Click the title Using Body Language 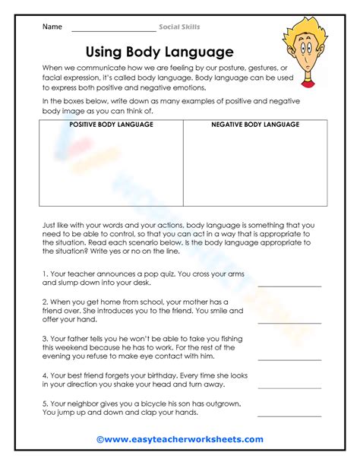point(159,52)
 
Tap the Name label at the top point(52,27)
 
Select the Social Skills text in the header point(179,27)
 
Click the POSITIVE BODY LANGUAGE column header point(111,124)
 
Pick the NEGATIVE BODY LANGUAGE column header point(255,124)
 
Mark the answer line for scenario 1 point(289,286)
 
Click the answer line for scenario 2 point(289,322)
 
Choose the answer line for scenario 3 point(289,359)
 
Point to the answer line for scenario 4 point(289,387)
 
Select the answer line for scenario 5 point(289,416)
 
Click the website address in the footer point(184,439)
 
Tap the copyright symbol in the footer point(100,439)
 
